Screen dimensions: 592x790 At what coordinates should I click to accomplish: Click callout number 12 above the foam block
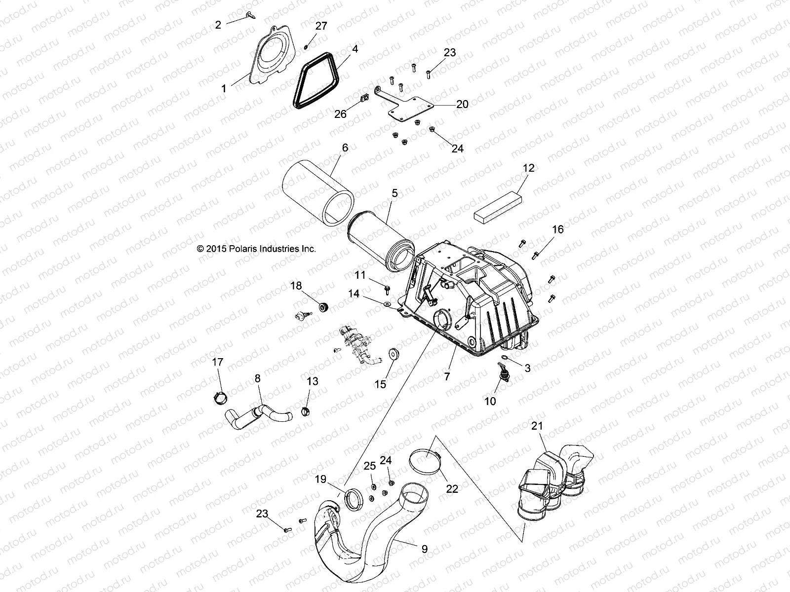(528, 168)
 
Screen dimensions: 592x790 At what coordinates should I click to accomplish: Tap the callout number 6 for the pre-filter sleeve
(345, 148)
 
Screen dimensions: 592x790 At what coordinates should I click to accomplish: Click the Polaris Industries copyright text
(256, 249)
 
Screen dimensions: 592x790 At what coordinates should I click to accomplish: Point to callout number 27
(321, 26)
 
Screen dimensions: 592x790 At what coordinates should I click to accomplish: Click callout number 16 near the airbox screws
(557, 229)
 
